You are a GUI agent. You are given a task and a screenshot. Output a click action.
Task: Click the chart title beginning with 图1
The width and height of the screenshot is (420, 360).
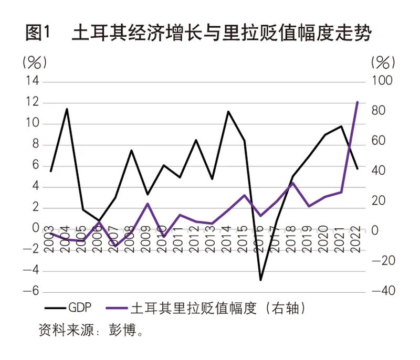pyautogui.click(x=198, y=34)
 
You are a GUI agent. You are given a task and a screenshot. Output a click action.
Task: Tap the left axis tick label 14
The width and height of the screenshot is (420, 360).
pyautogui.click(x=33, y=82)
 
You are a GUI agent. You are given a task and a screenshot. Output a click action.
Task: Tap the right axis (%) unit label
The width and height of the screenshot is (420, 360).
pyautogui.click(x=383, y=62)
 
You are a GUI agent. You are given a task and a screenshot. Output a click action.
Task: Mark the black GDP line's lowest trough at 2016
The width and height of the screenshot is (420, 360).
pyautogui.click(x=260, y=280)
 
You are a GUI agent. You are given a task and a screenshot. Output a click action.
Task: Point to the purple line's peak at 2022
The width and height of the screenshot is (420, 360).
pyautogui.click(x=358, y=102)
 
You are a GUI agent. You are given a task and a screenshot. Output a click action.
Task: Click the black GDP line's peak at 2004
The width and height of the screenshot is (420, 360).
pyautogui.click(x=67, y=109)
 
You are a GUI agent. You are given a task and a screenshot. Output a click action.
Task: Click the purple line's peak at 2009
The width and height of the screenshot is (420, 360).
pyautogui.click(x=148, y=204)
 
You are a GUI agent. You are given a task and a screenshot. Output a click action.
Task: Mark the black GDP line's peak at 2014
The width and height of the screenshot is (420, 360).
pyautogui.click(x=228, y=111)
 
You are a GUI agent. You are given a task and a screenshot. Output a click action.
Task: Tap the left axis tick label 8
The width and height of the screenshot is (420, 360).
pyautogui.click(x=35, y=145)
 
